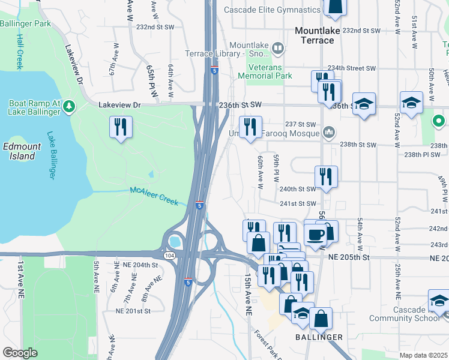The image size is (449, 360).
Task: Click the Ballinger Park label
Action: click(25, 24)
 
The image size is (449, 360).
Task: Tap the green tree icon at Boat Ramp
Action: click(70, 107)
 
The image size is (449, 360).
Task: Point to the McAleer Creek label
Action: click(154, 196)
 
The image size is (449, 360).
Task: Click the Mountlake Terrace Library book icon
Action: click(277, 47)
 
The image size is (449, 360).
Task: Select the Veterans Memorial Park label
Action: click(265, 71)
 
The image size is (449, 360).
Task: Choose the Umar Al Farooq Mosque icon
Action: click(328, 132)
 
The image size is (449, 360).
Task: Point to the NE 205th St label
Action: click(351, 257)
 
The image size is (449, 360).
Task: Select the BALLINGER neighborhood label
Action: click(318, 337)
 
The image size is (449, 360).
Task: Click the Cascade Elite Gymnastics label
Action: click(272, 10)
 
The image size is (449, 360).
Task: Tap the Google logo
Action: click(20, 353)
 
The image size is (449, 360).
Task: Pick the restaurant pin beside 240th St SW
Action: click(326, 177)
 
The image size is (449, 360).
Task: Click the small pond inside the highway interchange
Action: click(175, 242)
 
